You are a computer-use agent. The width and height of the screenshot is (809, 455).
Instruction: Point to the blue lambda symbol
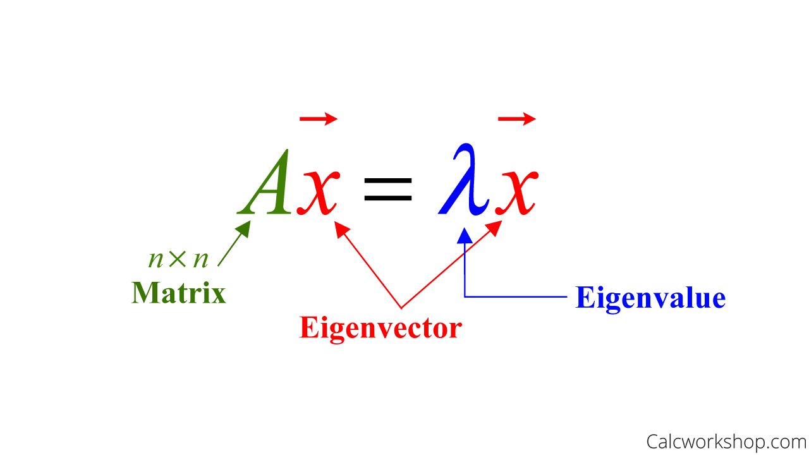pos(465,180)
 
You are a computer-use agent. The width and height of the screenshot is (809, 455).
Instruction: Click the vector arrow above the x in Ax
pos(319,118)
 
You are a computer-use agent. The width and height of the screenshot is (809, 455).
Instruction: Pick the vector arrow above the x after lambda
pos(517,118)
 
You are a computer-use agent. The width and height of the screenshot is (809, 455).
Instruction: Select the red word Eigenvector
pos(380,328)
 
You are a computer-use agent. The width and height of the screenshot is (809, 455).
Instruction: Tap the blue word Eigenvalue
pos(650,298)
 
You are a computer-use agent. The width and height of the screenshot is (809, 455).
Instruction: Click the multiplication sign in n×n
pos(178,259)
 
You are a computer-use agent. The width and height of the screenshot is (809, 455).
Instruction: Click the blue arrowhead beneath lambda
pos(465,235)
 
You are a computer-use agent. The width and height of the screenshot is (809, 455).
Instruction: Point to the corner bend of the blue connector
pos(465,296)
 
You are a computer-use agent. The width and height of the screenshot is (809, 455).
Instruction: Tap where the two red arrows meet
pos(402,308)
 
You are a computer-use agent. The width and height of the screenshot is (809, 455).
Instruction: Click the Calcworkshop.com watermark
pos(726,441)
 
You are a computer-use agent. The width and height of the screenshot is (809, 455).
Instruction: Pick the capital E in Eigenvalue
pos(584,298)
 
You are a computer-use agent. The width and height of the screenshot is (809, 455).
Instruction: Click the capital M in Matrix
pos(144,293)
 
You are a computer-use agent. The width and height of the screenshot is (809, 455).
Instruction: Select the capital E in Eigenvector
pos(308,327)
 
